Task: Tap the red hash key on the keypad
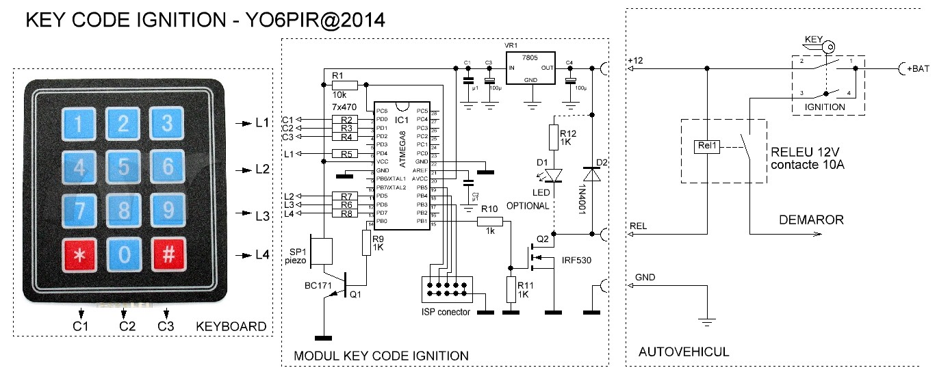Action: [166, 254]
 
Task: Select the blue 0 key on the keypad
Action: [124, 254]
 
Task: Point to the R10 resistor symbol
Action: [489, 222]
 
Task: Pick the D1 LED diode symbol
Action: [553, 176]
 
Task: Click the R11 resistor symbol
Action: [511, 290]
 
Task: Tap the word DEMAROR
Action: [811, 220]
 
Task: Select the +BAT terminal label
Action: [919, 69]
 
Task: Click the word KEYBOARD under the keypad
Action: [231, 326]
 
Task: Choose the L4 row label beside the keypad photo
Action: [262, 255]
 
